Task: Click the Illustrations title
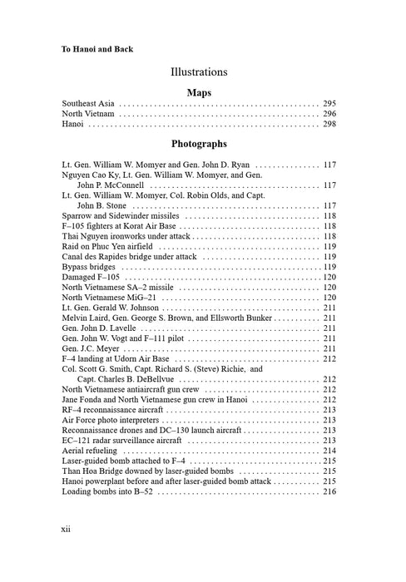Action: pos(203,72)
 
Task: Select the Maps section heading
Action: pos(203,92)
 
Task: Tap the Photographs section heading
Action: pos(203,144)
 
